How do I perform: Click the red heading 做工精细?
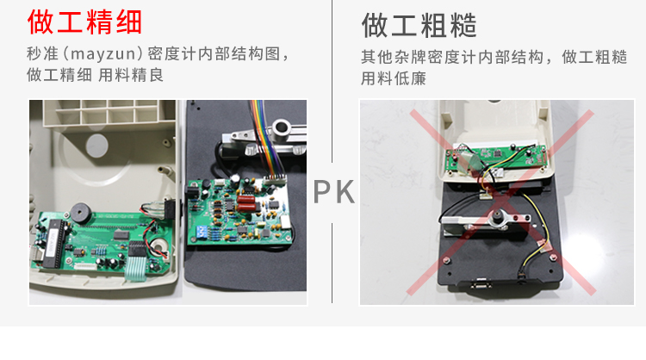point(85,22)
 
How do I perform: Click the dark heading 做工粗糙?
point(419,26)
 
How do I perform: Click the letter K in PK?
point(344,191)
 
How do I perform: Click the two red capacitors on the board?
point(246,203)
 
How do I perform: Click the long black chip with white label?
point(55,244)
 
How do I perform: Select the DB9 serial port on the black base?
point(481,284)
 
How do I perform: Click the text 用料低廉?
point(394,78)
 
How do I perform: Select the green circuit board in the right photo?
point(496,158)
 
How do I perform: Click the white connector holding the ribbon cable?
point(275,180)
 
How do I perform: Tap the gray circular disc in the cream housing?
point(96,146)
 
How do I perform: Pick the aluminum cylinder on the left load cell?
point(282,127)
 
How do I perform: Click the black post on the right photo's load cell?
point(498,216)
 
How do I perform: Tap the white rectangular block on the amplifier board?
point(285,222)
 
